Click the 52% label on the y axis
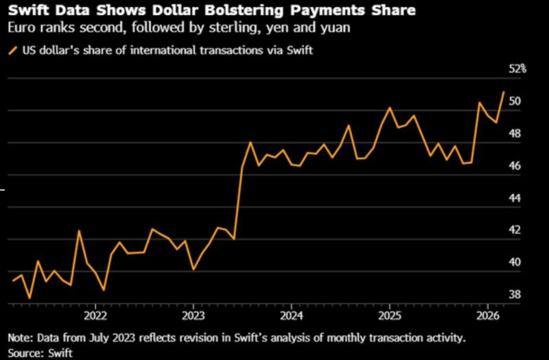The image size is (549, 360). pos(517,69)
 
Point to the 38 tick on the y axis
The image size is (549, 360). pos(514,295)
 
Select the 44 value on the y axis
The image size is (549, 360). pos(514,198)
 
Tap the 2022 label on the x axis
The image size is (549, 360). pos(95,317)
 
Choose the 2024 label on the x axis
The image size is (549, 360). pos(291,317)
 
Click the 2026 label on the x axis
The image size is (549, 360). pos(487,317)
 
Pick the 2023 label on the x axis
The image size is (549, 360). pos(193,317)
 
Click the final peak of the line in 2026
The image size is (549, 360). pos(504,91)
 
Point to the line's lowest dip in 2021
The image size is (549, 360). pos(30,298)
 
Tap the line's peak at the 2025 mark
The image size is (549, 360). pos(389,108)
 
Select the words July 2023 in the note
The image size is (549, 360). pos(83,338)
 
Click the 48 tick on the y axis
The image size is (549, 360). pos(514,134)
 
